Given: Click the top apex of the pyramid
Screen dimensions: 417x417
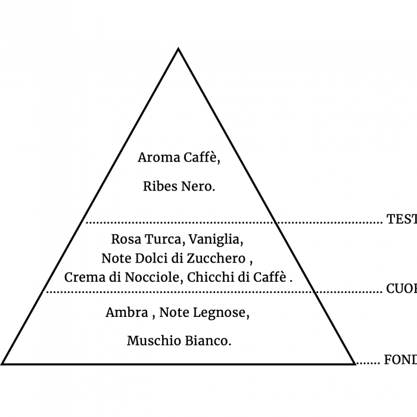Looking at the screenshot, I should point(178,49).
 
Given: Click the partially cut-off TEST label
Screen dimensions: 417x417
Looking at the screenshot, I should point(402,219).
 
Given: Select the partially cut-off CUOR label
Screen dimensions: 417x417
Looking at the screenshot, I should point(401,289).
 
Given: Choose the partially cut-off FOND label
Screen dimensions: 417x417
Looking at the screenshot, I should point(400,359).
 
